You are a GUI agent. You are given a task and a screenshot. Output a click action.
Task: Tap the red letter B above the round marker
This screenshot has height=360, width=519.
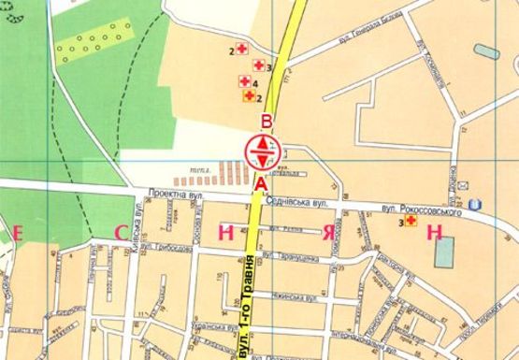(x=267, y=122)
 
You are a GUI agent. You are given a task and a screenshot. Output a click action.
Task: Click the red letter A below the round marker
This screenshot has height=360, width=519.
(x=259, y=184)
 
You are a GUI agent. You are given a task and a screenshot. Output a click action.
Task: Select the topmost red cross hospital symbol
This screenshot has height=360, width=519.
(x=241, y=50)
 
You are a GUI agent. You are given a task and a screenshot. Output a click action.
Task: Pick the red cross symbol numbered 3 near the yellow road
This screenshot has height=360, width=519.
(x=258, y=65)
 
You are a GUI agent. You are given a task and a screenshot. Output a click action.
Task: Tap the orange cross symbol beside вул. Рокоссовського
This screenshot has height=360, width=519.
(x=411, y=221)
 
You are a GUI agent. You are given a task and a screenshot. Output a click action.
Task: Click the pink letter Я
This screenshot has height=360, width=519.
(x=328, y=231)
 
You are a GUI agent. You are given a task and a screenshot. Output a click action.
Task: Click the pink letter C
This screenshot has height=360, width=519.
(x=120, y=231)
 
